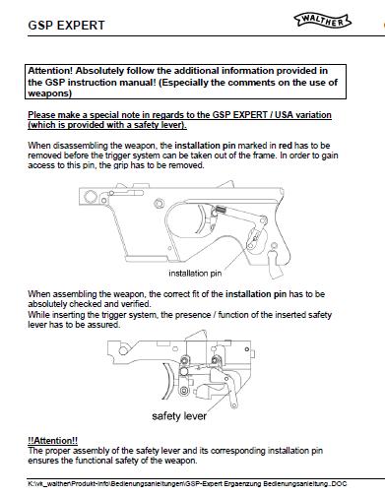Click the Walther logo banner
[x=322, y=21]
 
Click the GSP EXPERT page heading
[x=66, y=26]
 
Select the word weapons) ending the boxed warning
[x=49, y=93]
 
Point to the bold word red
[x=286, y=146]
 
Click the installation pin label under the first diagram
[x=195, y=274]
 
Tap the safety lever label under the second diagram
[x=179, y=416]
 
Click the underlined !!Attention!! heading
[x=52, y=440]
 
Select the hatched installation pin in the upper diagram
[x=220, y=209]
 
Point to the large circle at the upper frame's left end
[x=90, y=197]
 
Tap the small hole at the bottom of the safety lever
[x=234, y=406]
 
